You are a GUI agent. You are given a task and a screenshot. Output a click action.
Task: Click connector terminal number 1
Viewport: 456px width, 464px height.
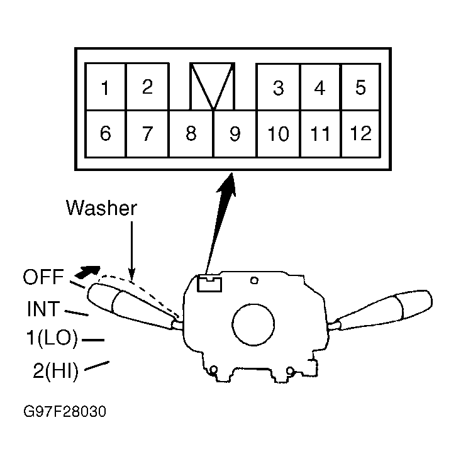[x=106, y=87]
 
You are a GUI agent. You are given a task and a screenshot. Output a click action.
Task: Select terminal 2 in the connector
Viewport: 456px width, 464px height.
[x=147, y=87]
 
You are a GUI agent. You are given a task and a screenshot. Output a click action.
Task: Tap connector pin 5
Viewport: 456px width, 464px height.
[x=360, y=87]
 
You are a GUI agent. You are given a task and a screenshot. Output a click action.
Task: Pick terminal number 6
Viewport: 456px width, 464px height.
[x=106, y=134]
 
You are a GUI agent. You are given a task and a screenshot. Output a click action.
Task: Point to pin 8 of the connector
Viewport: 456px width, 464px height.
[x=191, y=134]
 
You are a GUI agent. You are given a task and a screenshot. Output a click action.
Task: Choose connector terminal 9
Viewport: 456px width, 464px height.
[x=235, y=134]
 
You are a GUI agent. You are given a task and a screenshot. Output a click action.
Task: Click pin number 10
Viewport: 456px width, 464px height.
[x=278, y=134]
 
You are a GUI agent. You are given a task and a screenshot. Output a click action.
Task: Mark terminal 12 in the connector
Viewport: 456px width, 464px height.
[x=361, y=134]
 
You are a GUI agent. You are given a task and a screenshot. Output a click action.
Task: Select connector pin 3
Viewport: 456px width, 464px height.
[x=278, y=88]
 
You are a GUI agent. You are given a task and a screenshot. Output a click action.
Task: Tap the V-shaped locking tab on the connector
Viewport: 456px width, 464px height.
[x=213, y=86]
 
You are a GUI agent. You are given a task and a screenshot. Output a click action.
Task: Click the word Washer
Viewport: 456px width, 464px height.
[x=101, y=208]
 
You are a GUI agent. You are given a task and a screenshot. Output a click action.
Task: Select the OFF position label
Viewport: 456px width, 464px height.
[x=42, y=277]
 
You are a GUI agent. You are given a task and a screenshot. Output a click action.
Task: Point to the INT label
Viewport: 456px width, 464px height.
[x=43, y=309]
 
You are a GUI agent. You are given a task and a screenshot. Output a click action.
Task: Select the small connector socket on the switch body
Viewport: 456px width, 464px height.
[x=208, y=284]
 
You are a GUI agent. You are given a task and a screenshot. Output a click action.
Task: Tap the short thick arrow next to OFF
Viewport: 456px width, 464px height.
[x=87, y=272]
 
